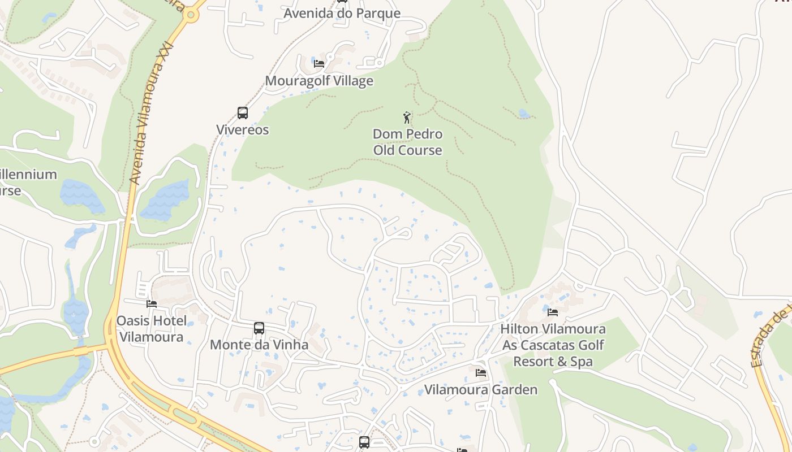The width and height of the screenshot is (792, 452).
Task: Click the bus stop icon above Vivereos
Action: click(x=243, y=113)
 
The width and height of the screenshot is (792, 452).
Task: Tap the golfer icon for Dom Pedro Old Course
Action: click(x=407, y=118)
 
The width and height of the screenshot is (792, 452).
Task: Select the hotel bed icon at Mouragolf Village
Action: click(x=319, y=63)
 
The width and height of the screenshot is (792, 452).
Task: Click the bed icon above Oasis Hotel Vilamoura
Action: click(x=151, y=303)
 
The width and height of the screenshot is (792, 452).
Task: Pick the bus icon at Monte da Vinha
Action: click(x=259, y=328)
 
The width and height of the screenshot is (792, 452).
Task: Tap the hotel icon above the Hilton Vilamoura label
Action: click(x=553, y=312)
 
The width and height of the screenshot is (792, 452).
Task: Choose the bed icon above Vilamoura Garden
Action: click(x=481, y=373)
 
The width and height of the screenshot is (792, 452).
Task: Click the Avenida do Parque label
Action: click(x=342, y=13)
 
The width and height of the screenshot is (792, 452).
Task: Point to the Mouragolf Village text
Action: click(x=319, y=81)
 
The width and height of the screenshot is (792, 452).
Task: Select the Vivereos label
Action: click(x=243, y=130)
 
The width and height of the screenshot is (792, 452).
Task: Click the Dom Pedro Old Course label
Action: click(x=407, y=142)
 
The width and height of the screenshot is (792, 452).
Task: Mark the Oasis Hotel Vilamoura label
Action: click(x=151, y=329)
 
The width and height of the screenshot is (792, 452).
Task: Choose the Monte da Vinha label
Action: click(x=259, y=345)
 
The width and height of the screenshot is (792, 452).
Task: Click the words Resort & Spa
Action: click(x=553, y=362)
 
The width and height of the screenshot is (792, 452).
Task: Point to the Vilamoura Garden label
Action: click(x=481, y=390)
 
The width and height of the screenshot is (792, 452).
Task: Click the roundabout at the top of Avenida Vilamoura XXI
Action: click(x=191, y=15)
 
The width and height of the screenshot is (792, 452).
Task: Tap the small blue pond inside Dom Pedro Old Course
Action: click(x=524, y=114)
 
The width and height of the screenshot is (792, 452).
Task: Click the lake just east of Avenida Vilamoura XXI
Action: click(x=166, y=201)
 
